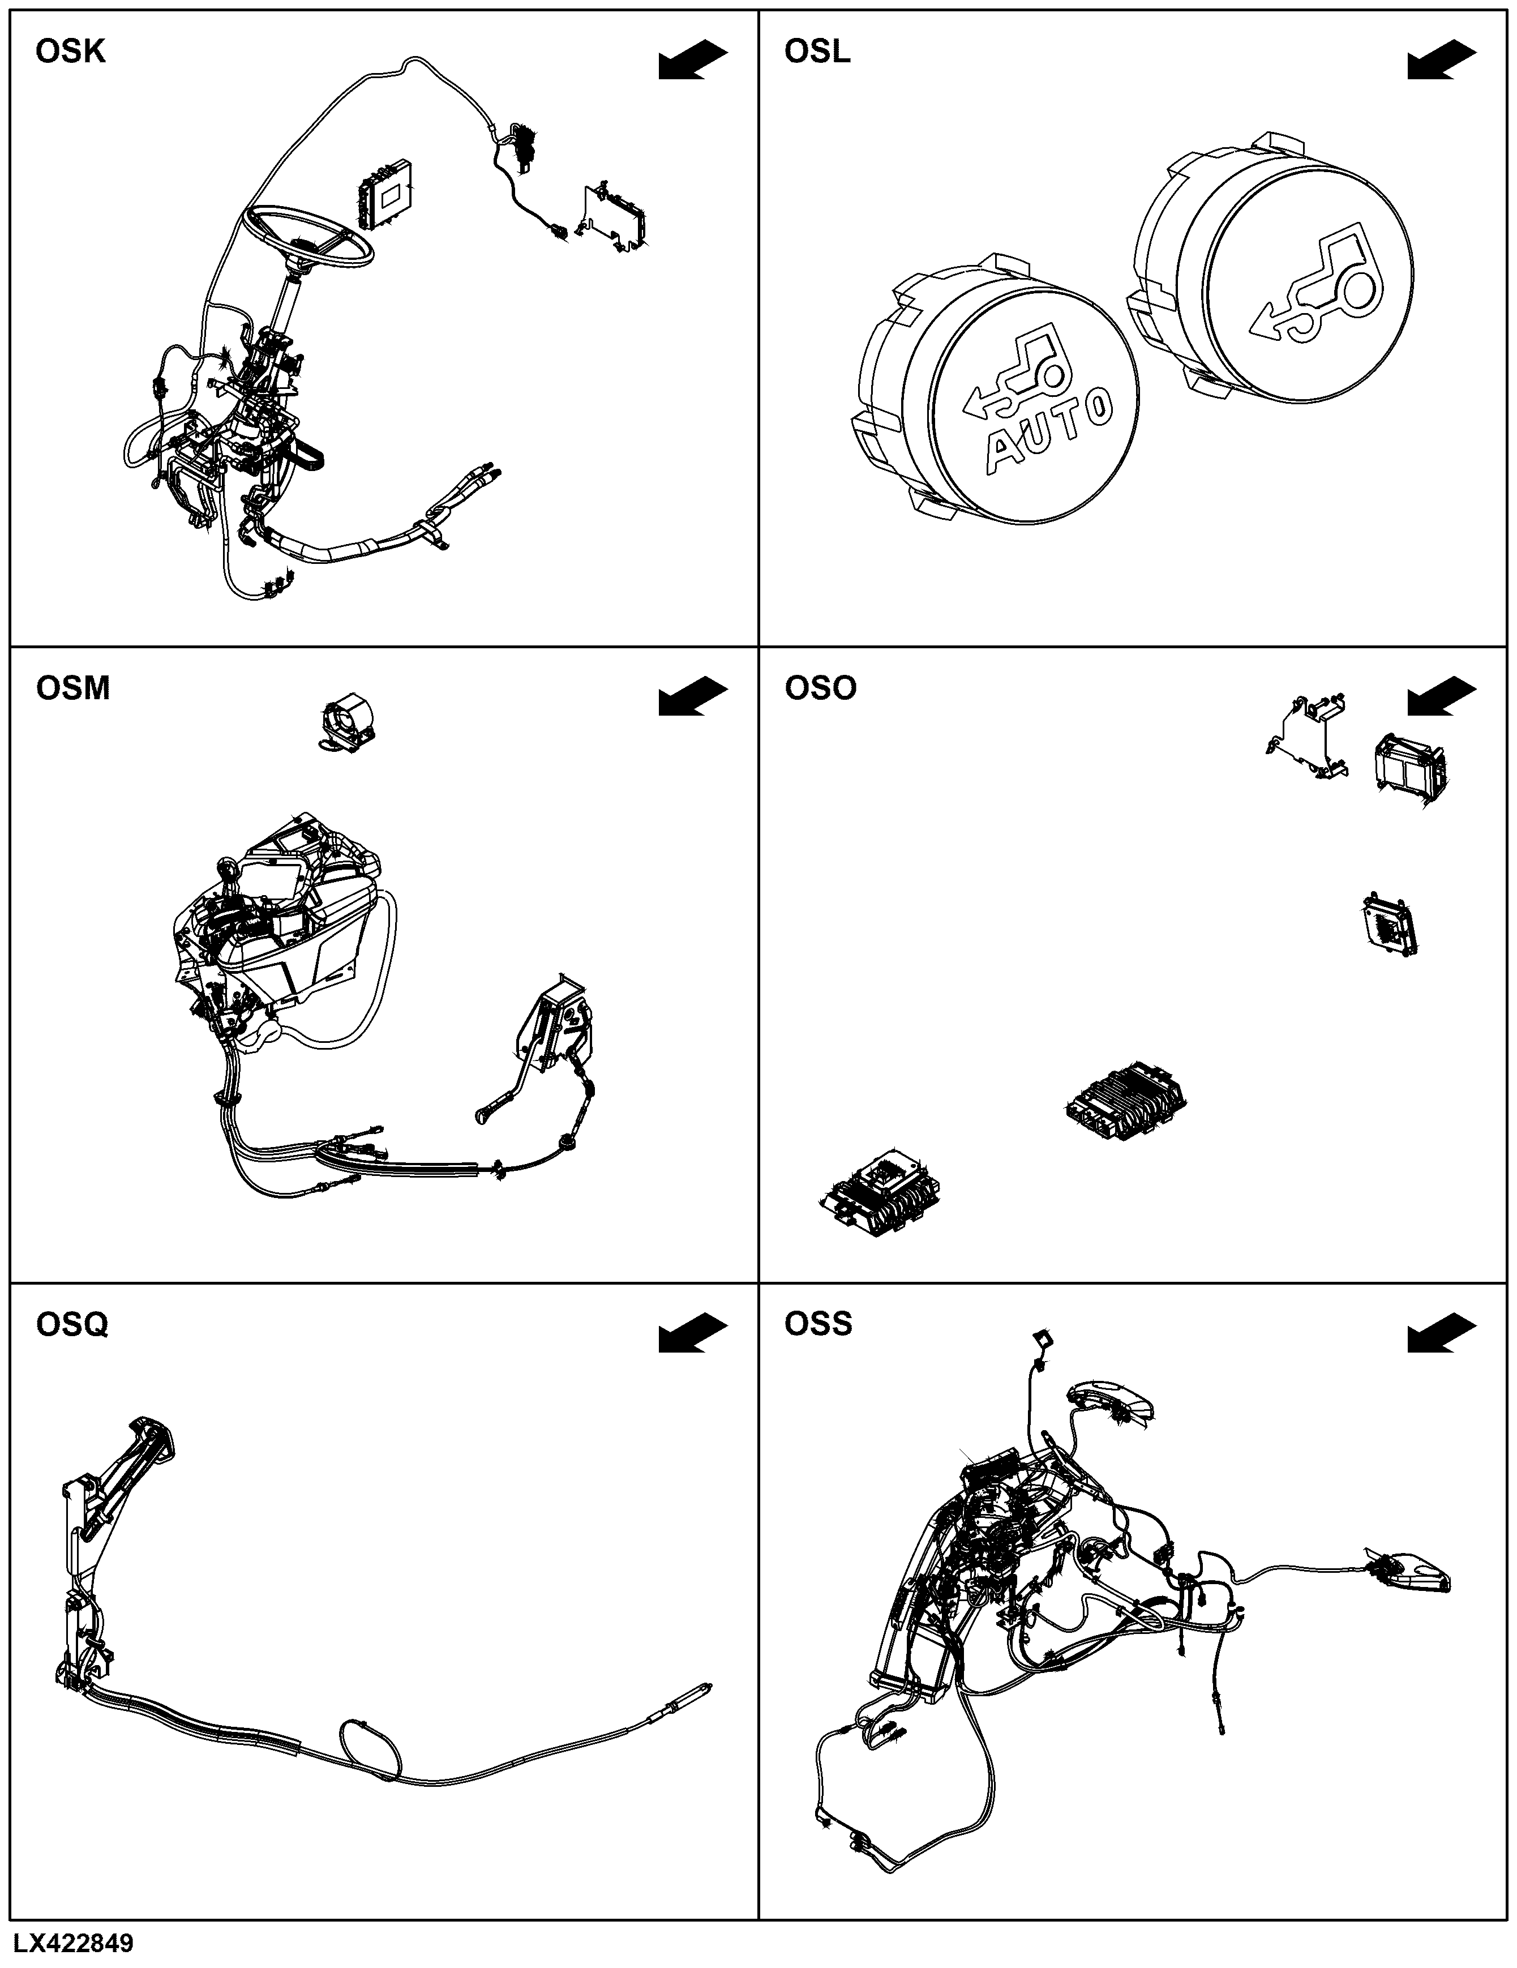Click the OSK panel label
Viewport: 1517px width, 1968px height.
point(70,52)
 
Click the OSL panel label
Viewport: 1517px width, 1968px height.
point(817,52)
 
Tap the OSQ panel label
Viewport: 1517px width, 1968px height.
point(72,1325)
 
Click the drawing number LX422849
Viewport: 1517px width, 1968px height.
point(73,1943)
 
